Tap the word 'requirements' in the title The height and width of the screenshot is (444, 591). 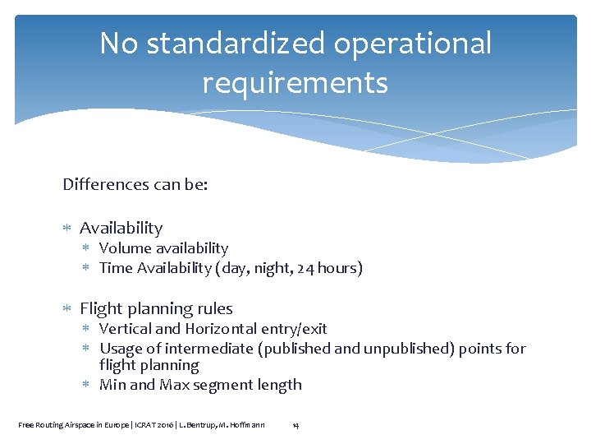coord(295,83)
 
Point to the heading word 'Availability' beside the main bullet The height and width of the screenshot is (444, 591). coord(121,228)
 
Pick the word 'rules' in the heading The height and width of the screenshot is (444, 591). coord(215,309)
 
